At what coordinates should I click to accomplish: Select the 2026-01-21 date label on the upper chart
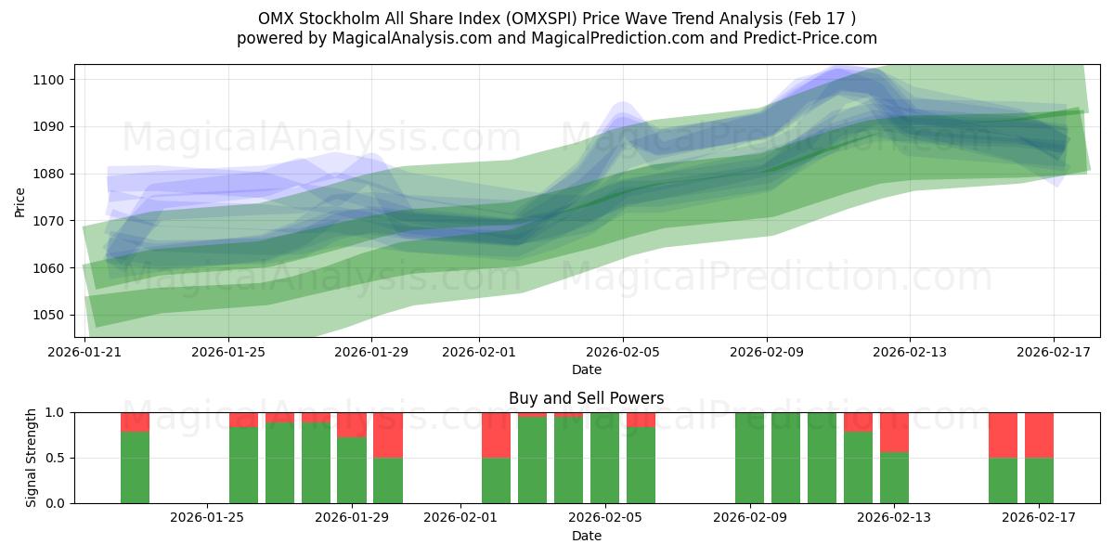point(84,352)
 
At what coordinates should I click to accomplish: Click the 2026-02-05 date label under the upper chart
point(622,352)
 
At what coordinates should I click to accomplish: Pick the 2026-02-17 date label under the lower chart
point(1038,518)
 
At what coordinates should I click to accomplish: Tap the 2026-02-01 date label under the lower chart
point(461,518)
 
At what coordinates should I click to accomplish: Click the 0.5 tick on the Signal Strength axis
point(56,458)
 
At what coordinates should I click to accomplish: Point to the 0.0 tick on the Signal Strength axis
point(56,503)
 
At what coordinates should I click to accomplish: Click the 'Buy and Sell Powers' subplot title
point(586,398)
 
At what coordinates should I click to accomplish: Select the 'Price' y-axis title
point(20,201)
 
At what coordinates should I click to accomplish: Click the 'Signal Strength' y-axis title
point(32,458)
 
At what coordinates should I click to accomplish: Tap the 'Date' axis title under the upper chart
point(586,369)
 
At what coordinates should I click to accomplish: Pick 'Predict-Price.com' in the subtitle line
point(812,38)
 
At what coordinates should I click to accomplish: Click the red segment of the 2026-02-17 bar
point(1039,434)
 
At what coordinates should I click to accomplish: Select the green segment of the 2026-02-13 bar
point(894,477)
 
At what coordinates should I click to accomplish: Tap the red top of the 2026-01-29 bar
point(352,424)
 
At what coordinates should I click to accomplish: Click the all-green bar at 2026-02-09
point(749,458)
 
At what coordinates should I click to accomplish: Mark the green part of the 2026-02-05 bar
point(604,458)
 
